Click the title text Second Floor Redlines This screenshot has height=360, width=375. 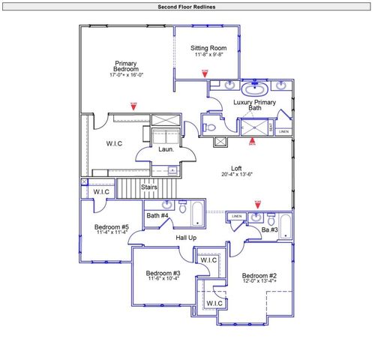187,7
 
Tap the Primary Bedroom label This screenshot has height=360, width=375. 125,67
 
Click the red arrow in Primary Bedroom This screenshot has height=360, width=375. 133,106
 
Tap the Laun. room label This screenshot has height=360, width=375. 165,149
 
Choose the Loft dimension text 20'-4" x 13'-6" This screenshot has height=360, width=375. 236,174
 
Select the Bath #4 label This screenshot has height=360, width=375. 157,217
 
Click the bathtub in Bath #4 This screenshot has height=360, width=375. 197,214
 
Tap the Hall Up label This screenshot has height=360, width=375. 186,238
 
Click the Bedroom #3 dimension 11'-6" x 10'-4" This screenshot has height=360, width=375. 163,279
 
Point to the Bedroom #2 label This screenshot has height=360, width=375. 259,275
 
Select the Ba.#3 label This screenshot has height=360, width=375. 269,229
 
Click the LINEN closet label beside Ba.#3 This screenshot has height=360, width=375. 236,217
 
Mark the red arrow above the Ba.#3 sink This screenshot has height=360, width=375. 257,203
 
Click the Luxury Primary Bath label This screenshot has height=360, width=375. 255,105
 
